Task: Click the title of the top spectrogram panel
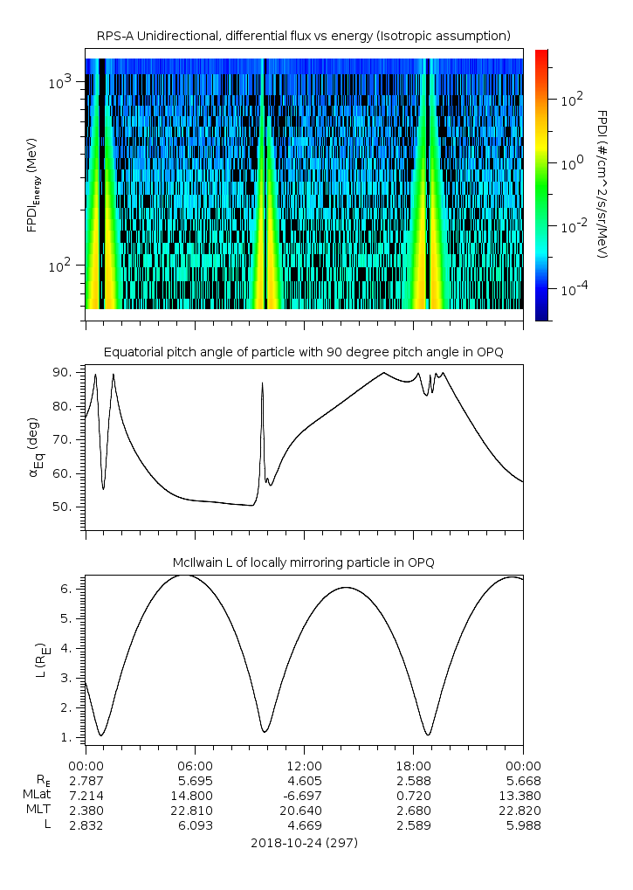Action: click(303, 36)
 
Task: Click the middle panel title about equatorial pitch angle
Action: click(303, 352)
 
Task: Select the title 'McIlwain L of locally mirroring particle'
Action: click(303, 562)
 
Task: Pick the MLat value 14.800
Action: click(194, 796)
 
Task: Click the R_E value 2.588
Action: click(413, 780)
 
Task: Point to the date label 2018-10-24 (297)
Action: click(304, 844)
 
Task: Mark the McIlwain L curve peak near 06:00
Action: click(182, 575)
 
